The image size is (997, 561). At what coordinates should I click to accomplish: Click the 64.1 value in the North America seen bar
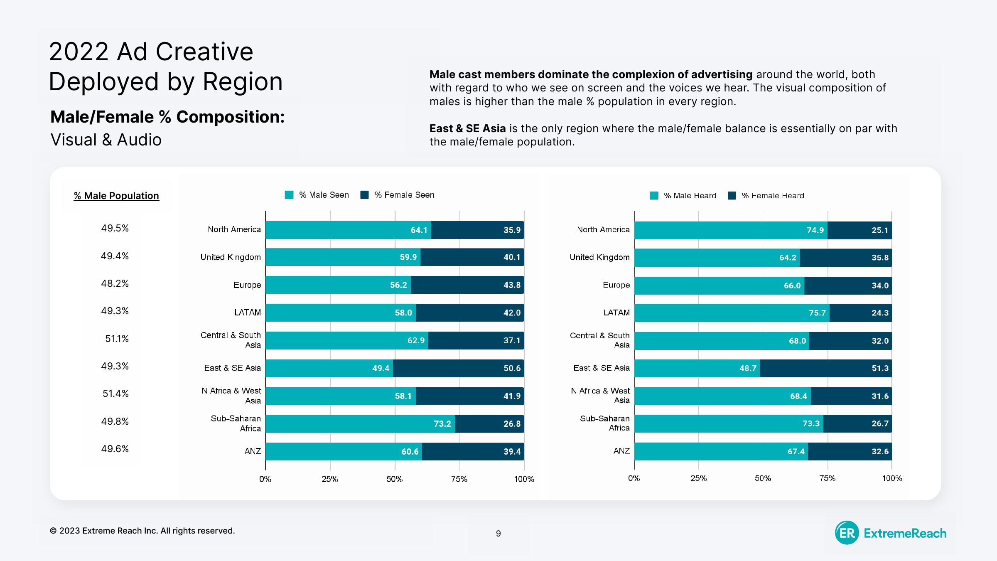tap(419, 230)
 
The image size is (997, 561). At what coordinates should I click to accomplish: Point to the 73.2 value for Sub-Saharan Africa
tap(442, 424)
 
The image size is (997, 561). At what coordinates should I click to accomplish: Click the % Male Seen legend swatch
tap(289, 195)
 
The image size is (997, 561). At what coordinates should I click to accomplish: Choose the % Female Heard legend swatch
tap(732, 196)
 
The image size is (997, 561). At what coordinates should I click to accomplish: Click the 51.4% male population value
tap(115, 394)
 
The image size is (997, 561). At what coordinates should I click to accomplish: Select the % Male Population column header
tap(116, 196)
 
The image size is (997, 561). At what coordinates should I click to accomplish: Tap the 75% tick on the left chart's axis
tap(459, 479)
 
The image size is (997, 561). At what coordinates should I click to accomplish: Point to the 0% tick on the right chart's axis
tap(634, 478)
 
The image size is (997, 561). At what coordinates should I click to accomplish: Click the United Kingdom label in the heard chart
tap(599, 258)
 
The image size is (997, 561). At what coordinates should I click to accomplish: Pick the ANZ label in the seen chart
tap(253, 451)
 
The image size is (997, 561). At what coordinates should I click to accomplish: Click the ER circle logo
tap(847, 533)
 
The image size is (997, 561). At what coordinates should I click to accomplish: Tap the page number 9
tap(498, 534)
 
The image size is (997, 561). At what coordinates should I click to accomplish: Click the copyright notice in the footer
tap(142, 531)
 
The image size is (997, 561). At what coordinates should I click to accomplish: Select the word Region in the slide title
tap(243, 82)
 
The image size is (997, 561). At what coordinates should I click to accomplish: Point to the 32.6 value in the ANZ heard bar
tap(880, 452)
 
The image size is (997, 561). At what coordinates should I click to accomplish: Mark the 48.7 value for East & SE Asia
tap(748, 369)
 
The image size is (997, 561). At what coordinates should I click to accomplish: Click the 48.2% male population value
tap(115, 283)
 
